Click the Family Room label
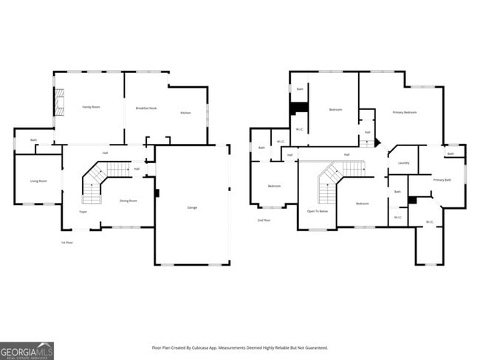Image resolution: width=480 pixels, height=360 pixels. click(x=91, y=107)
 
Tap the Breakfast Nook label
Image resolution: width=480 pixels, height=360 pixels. click(x=146, y=108)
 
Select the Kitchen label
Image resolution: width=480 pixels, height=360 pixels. click(x=185, y=113)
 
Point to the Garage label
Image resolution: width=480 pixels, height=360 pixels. click(x=192, y=207)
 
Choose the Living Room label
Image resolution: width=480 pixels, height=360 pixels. click(x=38, y=181)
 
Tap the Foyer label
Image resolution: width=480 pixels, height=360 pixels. click(x=83, y=212)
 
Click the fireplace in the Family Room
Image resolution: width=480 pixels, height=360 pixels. click(x=59, y=103)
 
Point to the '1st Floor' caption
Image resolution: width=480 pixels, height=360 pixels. click(x=67, y=242)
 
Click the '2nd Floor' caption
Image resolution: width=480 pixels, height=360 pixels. click(x=264, y=220)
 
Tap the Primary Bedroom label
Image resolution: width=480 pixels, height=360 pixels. click(x=405, y=112)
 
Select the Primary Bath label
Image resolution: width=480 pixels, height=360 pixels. click(x=442, y=180)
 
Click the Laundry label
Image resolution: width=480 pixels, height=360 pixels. click(x=403, y=163)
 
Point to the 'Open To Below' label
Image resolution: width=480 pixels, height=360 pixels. click(x=318, y=212)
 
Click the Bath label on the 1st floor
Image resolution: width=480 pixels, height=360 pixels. click(x=33, y=140)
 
